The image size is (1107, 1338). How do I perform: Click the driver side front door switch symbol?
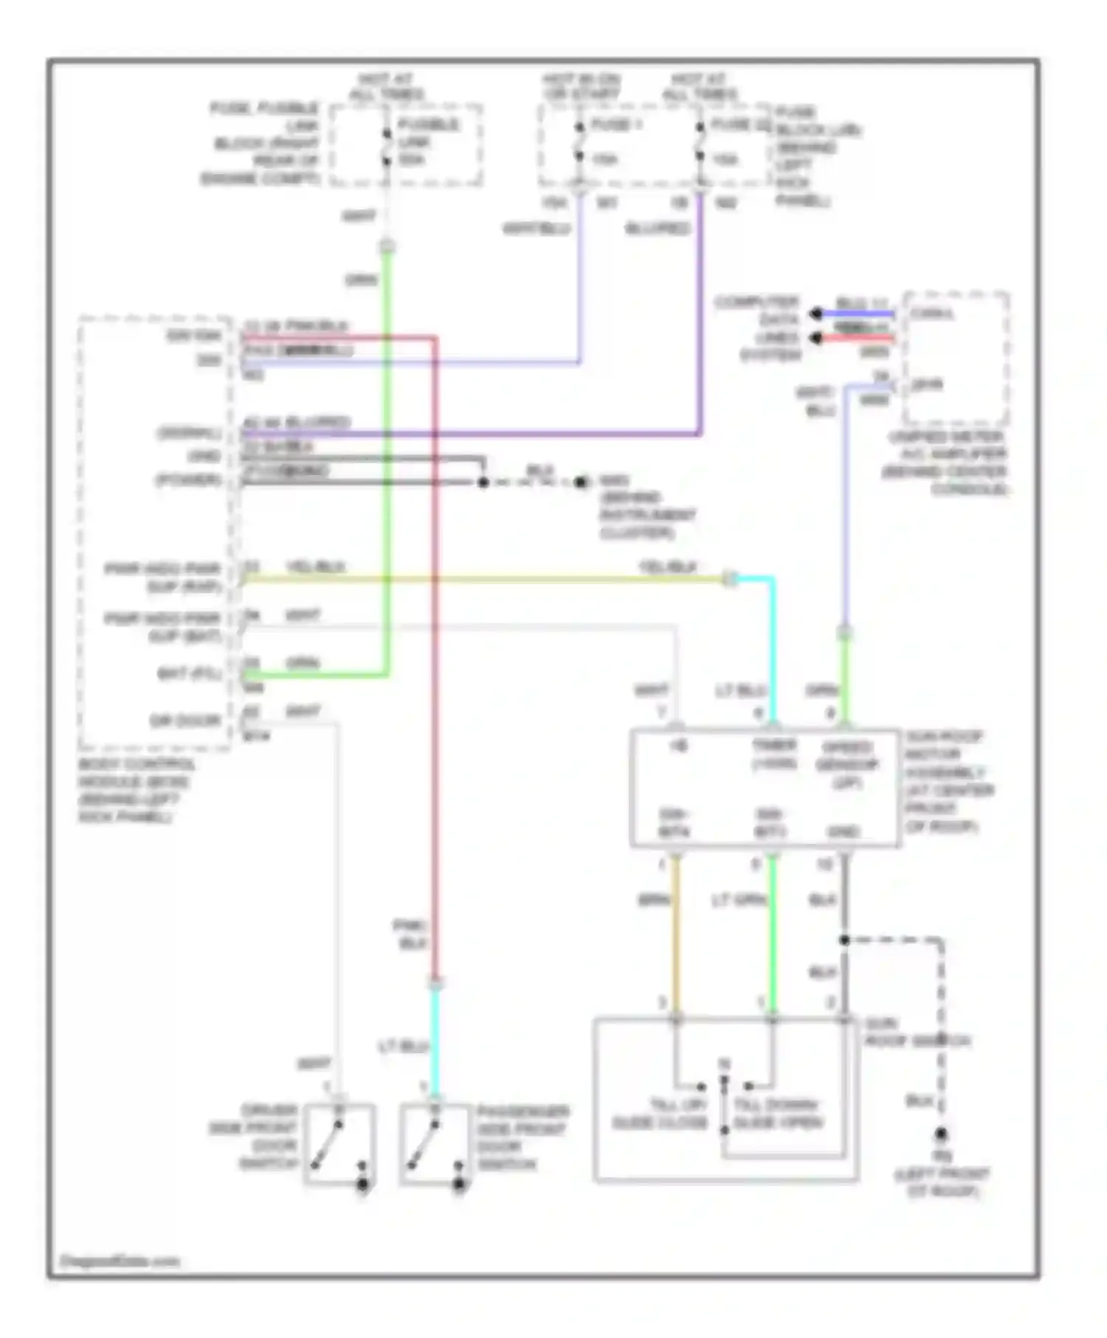339,1144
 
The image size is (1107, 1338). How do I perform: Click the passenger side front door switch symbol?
435,1144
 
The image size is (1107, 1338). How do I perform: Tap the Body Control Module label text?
137,790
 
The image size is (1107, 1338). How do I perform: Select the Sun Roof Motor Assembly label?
948,781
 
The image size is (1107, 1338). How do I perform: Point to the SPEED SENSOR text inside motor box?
846,764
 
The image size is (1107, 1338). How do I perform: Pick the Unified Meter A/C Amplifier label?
947,462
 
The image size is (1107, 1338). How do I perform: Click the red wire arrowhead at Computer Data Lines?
816,339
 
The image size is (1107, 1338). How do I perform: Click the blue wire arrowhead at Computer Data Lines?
816,314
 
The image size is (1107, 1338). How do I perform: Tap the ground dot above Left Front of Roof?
942,1135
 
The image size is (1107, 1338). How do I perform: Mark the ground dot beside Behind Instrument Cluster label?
582,482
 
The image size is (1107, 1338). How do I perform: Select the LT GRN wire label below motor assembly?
738,901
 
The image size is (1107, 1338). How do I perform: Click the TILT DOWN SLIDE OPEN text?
777,1114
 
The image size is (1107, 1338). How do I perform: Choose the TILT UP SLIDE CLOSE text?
660,1114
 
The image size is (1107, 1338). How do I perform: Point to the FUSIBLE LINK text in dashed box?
428,142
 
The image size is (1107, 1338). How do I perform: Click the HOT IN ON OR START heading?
582,87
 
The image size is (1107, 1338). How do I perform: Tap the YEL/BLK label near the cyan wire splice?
668,567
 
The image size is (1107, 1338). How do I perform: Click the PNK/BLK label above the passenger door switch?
410,934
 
